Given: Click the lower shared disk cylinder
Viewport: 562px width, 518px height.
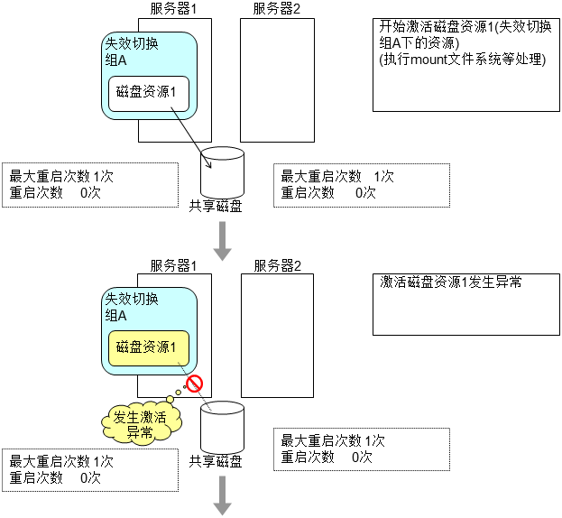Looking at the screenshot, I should click(x=222, y=428).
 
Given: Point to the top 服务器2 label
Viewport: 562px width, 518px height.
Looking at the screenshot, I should click(x=276, y=9).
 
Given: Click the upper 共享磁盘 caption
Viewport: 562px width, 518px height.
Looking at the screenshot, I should click(x=215, y=206).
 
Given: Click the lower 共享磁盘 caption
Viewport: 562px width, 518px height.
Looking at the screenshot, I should click(x=215, y=462).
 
